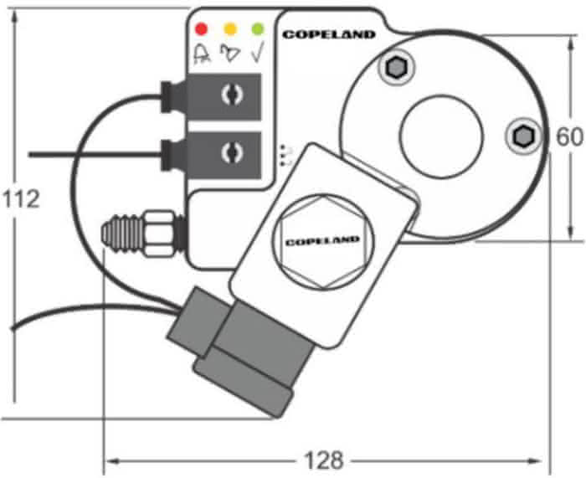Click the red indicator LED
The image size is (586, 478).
[x=202, y=29]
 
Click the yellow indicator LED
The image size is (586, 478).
[x=229, y=29]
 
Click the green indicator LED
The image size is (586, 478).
[x=258, y=29]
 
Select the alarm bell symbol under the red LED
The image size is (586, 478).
[x=202, y=54]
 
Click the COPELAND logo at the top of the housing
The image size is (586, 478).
[x=329, y=34]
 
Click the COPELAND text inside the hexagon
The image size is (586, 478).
[x=322, y=241]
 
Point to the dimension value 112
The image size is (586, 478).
[x=21, y=199]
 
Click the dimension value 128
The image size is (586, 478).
[x=323, y=460]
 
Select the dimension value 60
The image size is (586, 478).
[x=568, y=136]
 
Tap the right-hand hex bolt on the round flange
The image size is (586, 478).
[x=523, y=136]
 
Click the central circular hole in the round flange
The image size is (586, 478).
[x=441, y=136]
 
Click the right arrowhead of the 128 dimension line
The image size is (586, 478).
[x=543, y=460]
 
